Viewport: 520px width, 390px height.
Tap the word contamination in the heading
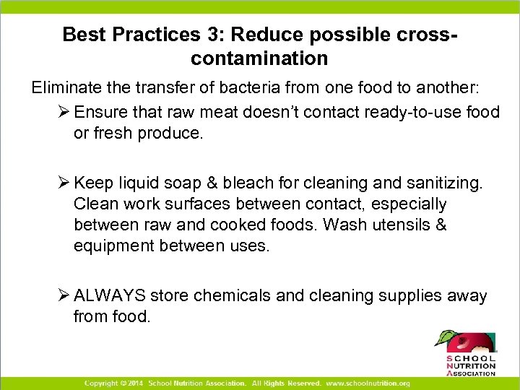[260, 58]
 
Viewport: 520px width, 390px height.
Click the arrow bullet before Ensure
[64, 111]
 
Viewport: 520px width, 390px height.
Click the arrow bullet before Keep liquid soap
[64, 183]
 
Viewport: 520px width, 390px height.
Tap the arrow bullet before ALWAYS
[64, 295]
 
